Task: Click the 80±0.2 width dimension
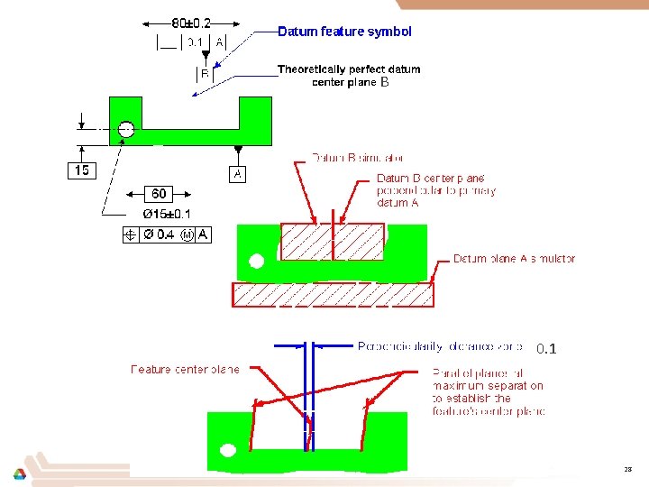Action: (x=191, y=23)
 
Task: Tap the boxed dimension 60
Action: (x=159, y=194)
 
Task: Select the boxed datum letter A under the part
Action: (x=237, y=173)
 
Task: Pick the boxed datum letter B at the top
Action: (x=206, y=76)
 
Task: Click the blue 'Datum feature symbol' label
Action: (x=344, y=32)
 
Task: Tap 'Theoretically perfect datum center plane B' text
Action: (x=348, y=76)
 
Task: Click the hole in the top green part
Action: (x=126, y=129)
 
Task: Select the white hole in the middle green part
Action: (x=257, y=262)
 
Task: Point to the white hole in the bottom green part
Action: (x=228, y=449)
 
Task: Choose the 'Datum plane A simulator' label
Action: (x=514, y=259)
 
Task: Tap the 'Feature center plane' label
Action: (x=185, y=369)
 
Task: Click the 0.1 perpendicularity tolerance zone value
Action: (x=546, y=348)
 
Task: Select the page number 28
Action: (x=628, y=470)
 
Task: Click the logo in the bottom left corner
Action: (x=19, y=473)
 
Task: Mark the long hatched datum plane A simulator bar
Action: (x=333, y=295)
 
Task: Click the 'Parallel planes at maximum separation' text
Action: (x=489, y=391)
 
